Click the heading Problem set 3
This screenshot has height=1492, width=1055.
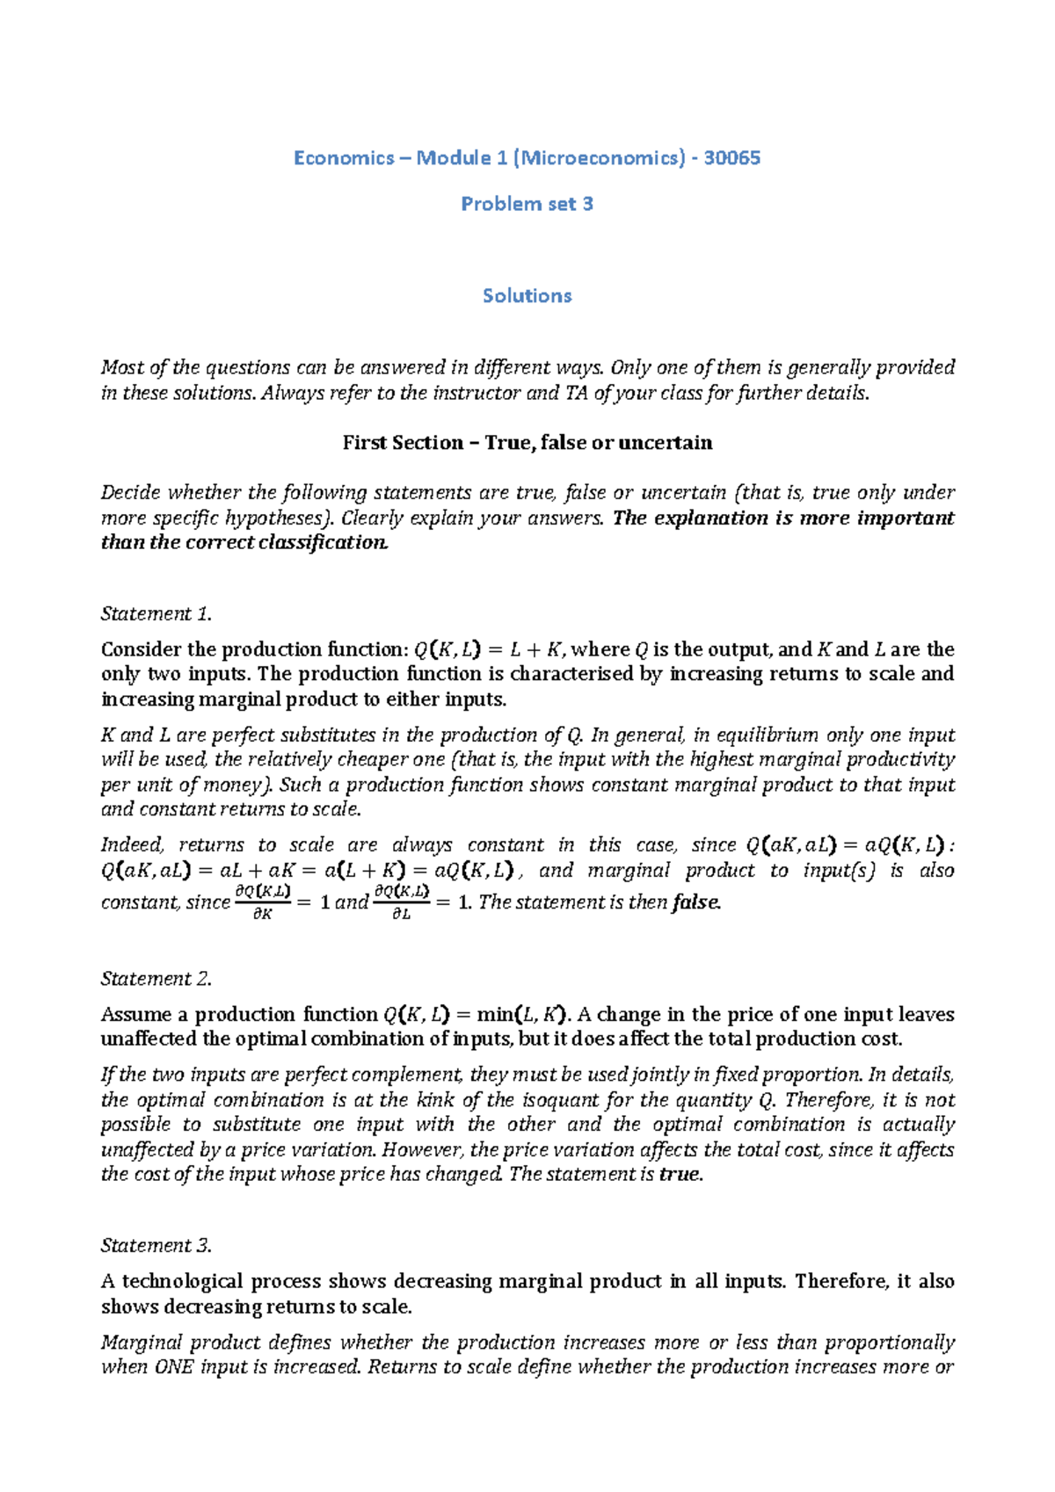tap(527, 204)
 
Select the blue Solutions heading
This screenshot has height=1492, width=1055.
tap(527, 295)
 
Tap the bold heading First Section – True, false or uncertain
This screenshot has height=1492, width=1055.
tap(527, 442)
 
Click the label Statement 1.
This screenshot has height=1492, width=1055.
tap(156, 613)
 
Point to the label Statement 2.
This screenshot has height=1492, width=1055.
tap(156, 978)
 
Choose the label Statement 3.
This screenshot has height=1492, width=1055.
tap(156, 1245)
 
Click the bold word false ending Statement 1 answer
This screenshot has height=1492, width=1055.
tap(695, 902)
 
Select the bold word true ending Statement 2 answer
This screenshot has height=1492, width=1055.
tap(680, 1174)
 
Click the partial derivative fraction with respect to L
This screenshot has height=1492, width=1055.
tap(401, 902)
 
